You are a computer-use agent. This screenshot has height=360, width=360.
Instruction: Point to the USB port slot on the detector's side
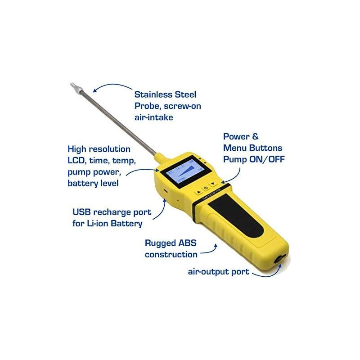165,191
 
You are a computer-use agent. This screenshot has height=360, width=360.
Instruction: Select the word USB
83,212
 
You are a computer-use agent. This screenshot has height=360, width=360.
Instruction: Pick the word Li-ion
100,223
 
